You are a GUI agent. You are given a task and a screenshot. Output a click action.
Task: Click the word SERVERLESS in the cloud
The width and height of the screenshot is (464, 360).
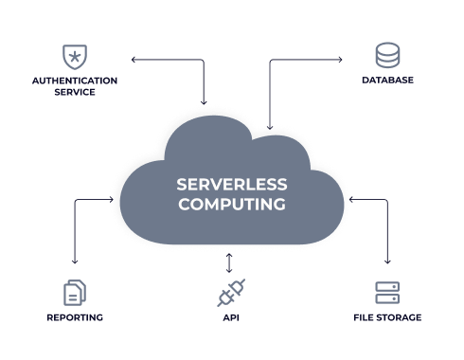tap(232, 183)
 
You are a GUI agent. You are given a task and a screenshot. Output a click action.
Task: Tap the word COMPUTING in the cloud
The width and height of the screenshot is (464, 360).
tap(232, 204)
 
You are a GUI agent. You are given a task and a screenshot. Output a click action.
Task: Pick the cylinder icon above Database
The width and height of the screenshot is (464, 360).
tap(387, 56)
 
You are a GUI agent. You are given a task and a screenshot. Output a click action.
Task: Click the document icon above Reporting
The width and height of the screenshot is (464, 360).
tap(75, 292)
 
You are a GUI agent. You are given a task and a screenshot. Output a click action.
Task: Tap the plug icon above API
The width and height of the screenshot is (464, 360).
tap(230, 293)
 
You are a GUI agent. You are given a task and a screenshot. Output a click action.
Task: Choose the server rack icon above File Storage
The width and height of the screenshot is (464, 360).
tap(387, 292)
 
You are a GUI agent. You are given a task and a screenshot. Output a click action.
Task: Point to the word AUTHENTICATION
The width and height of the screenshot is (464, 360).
tap(74, 81)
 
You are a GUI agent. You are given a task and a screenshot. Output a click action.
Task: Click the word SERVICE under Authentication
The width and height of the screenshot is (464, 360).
tap(74, 93)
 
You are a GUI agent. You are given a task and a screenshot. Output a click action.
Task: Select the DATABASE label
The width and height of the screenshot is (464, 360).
tap(387, 81)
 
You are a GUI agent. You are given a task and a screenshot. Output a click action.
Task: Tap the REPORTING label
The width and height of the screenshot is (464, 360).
tap(75, 318)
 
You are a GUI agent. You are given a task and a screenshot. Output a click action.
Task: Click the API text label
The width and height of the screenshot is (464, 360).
tap(230, 318)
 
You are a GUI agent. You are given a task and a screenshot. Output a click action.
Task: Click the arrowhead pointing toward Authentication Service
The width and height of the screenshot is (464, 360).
tap(134, 60)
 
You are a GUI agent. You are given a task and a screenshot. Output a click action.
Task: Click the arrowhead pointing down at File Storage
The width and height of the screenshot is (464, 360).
tap(387, 261)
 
